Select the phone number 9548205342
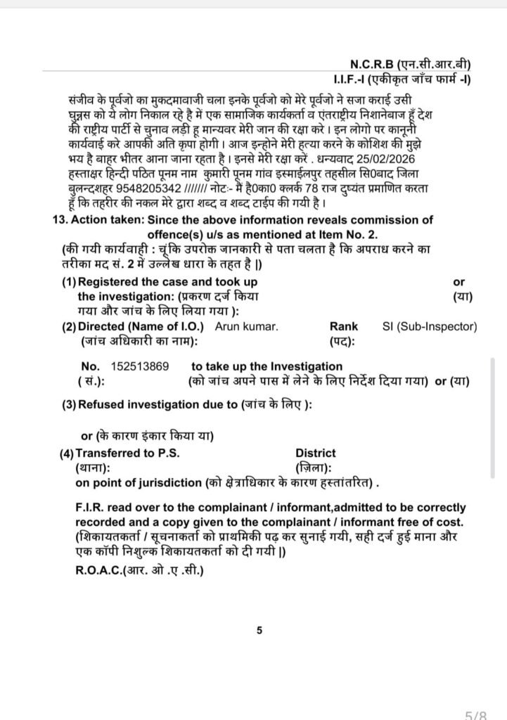point(149,188)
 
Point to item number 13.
point(60,219)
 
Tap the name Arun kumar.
point(246,326)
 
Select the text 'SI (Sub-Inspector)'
point(430,326)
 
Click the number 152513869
point(139,366)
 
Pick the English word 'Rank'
point(343,326)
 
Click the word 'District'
point(315,454)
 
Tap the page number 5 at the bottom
point(259,631)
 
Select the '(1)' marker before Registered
point(68,281)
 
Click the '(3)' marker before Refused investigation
point(68,405)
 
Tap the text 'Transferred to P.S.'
point(127,454)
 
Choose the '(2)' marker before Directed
point(68,326)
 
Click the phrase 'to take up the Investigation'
point(267,366)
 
